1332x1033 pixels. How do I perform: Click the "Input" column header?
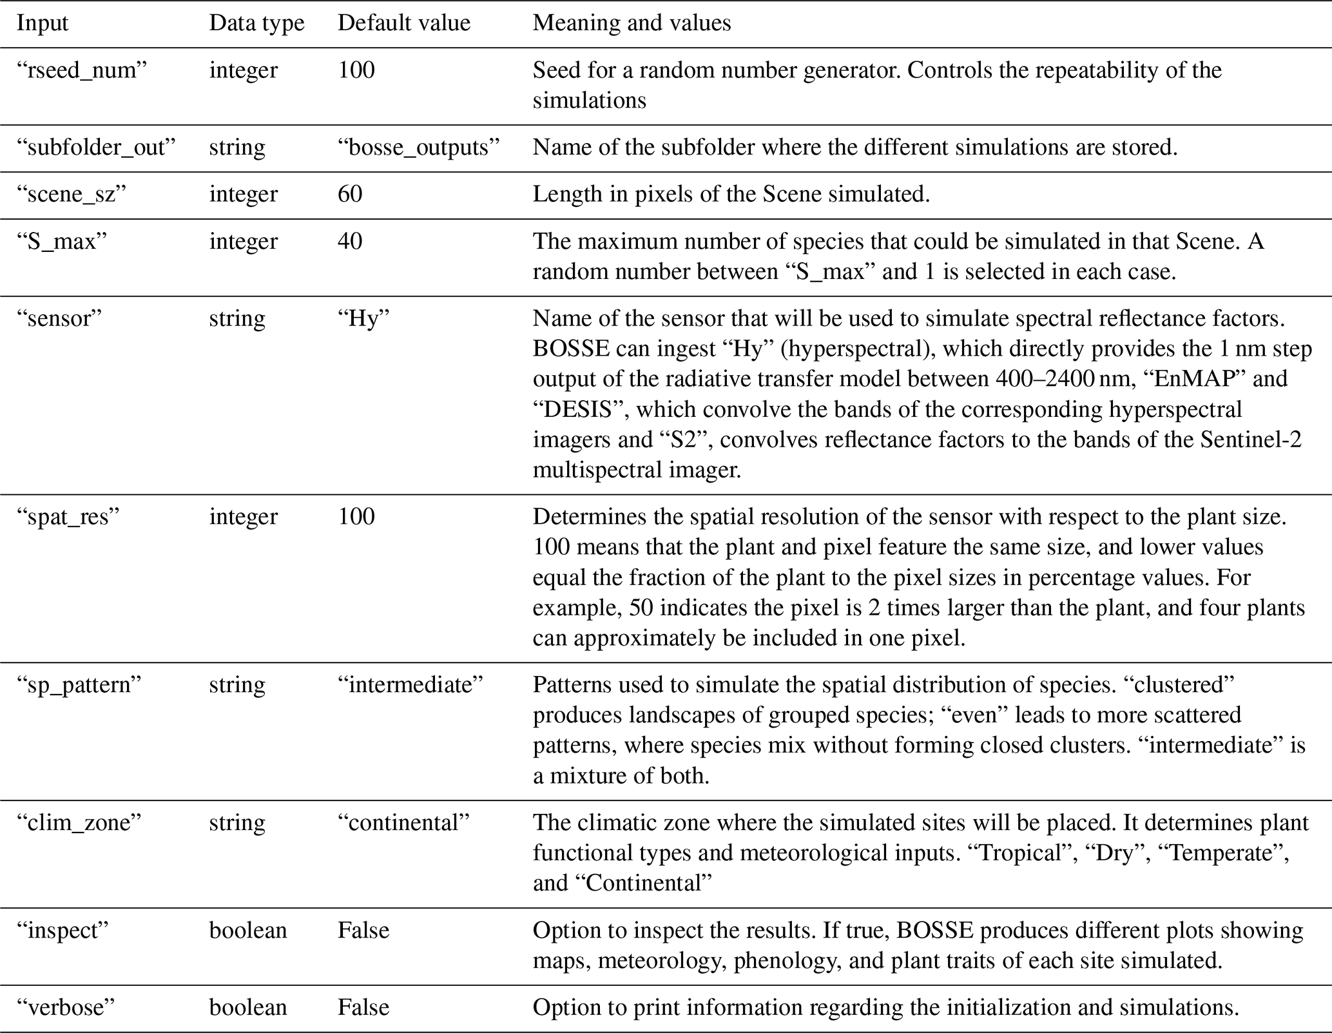point(43,23)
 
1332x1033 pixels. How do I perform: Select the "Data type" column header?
point(256,23)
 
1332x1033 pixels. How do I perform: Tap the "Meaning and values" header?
point(632,23)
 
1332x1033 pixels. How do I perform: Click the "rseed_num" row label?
point(82,70)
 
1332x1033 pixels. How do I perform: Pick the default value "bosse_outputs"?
point(419,148)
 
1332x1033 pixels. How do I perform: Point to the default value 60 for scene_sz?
point(350,194)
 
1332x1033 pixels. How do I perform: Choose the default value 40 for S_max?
point(350,241)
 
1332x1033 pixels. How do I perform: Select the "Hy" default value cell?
point(364,318)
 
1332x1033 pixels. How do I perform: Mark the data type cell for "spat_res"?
point(243,517)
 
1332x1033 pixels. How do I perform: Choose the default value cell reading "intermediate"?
point(410,684)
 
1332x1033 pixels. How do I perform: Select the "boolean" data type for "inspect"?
point(248,931)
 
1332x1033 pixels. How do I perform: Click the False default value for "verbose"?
point(363,1008)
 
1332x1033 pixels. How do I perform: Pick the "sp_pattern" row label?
point(79,684)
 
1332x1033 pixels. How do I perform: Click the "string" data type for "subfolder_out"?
point(236,148)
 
